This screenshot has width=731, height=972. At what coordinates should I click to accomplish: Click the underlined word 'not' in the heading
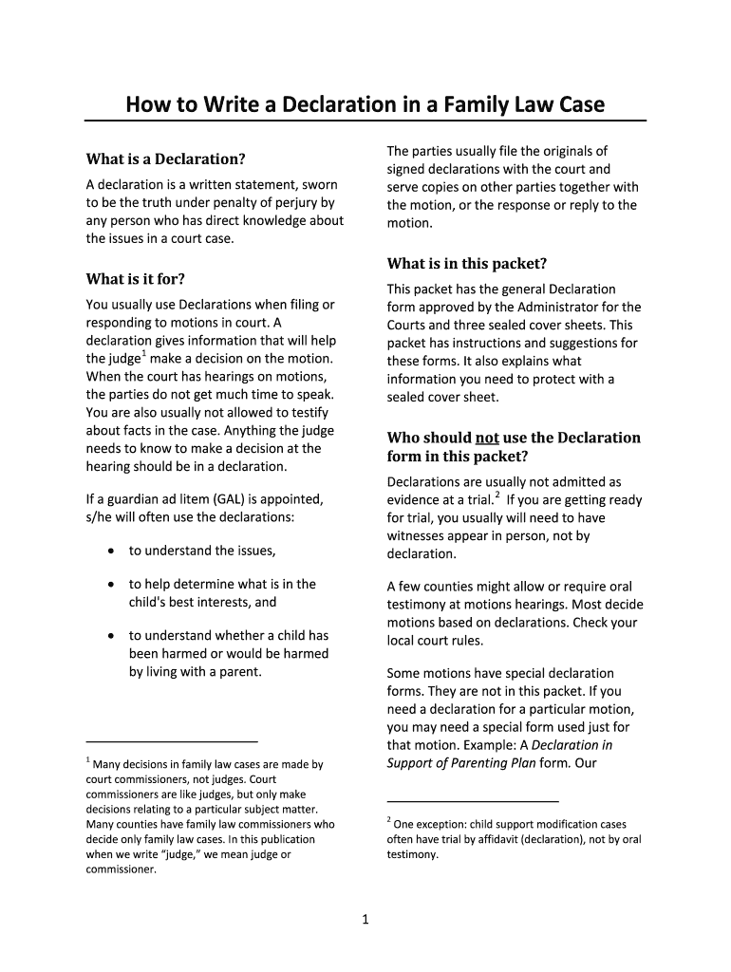pos(486,438)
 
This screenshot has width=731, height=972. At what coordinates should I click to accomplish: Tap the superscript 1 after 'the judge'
pos(143,354)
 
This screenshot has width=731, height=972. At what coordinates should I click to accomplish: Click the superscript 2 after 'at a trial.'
pos(497,495)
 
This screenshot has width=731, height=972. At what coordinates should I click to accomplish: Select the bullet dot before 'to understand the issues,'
pos(112,551)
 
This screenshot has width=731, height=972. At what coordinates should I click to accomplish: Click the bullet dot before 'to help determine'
pos(112,585)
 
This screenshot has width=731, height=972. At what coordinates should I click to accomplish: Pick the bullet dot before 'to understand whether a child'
pos(112,636)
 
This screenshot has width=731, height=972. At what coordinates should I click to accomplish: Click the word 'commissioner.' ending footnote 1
pos(121,868)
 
